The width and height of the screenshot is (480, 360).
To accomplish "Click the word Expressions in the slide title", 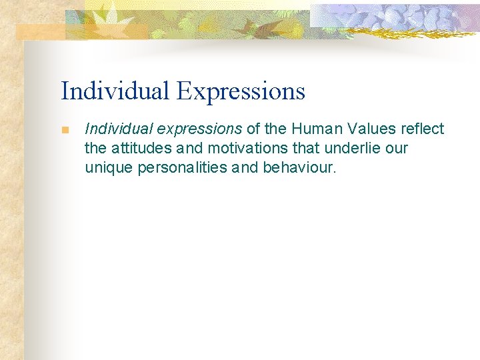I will point(241,91).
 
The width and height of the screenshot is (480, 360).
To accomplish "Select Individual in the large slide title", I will point(115,91).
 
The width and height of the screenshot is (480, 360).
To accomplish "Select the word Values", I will point(375,129).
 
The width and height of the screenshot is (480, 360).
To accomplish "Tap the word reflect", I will point(423,129).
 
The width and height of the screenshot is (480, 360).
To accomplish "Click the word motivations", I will point(243,148).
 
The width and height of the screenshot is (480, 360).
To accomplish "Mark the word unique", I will point(109,167).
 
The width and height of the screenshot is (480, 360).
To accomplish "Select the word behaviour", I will point(300,167).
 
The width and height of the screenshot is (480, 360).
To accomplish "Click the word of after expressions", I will point(254,129).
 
